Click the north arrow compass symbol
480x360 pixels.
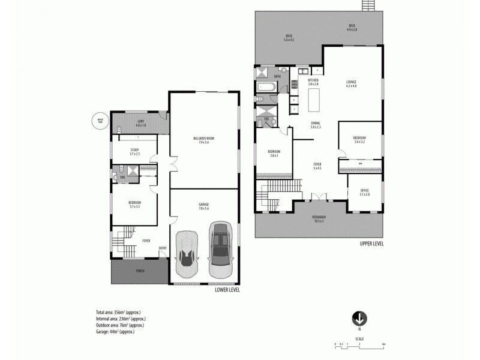pos(359,319)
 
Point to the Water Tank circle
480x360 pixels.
pos(100,120)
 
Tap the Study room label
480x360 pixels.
pos(134,152)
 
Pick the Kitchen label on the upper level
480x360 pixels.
pos(313,82)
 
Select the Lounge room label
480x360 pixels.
pos(351,83)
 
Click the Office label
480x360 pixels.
pos(365,192)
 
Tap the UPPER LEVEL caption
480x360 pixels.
pos(371,244)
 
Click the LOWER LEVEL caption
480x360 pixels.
pos(227,290)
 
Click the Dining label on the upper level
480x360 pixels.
pos(315,125)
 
